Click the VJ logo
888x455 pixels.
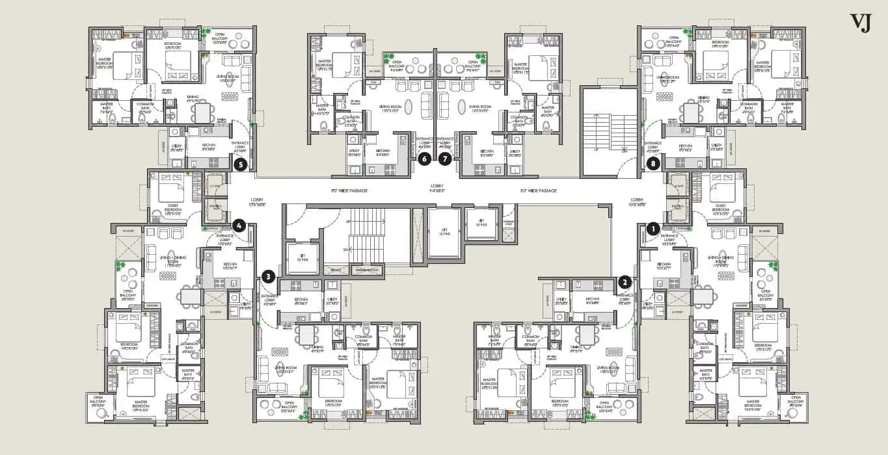coord(860,22)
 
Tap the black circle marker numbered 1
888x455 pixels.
coord(653,228)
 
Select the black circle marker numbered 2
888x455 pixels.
coord(625,281)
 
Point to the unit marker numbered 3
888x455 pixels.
coord(268,277)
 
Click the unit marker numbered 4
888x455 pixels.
coord(239,226)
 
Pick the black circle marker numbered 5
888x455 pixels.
coord(241,165)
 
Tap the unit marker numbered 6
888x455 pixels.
coord(424,158)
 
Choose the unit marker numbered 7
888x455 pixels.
coord(445,158)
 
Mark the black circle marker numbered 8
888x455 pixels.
coord(653,164)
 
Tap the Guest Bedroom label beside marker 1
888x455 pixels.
coord(720,210)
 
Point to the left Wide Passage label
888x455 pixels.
coord(349,190)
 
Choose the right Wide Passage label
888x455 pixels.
coord(539,190)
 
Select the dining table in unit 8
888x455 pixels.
coord(691,112)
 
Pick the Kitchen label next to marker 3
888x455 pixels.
coord(301,303)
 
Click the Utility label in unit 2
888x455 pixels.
coord(562,302)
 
